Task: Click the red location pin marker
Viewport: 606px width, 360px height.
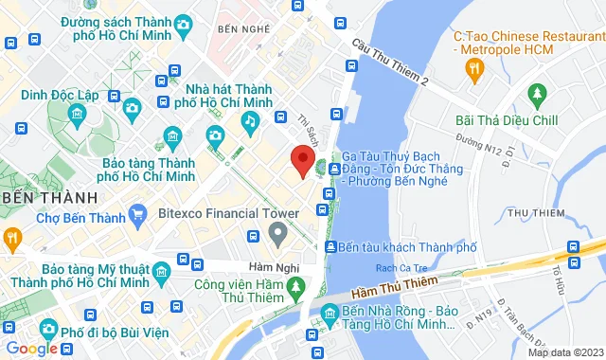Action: coord(302,161)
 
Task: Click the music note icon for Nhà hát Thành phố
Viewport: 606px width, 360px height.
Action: coord(250,120)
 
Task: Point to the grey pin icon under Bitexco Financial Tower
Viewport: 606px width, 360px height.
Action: coord(277,231)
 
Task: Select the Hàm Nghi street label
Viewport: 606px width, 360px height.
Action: coord(267,266)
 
